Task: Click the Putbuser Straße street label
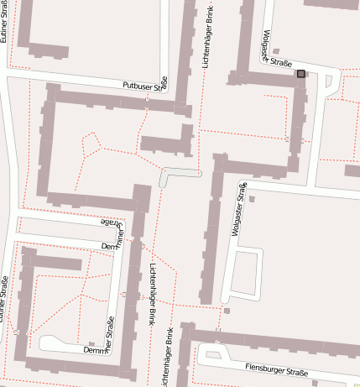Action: coord(145,85)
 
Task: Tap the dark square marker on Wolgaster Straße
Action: coord(300,75)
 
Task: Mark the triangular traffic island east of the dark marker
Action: coord(328,84)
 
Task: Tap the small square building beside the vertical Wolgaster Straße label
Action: coord(251,198)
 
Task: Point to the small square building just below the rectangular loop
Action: coord(227,311)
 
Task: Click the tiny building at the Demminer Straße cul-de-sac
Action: coord(91,343)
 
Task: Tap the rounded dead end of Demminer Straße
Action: coord(47,343)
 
